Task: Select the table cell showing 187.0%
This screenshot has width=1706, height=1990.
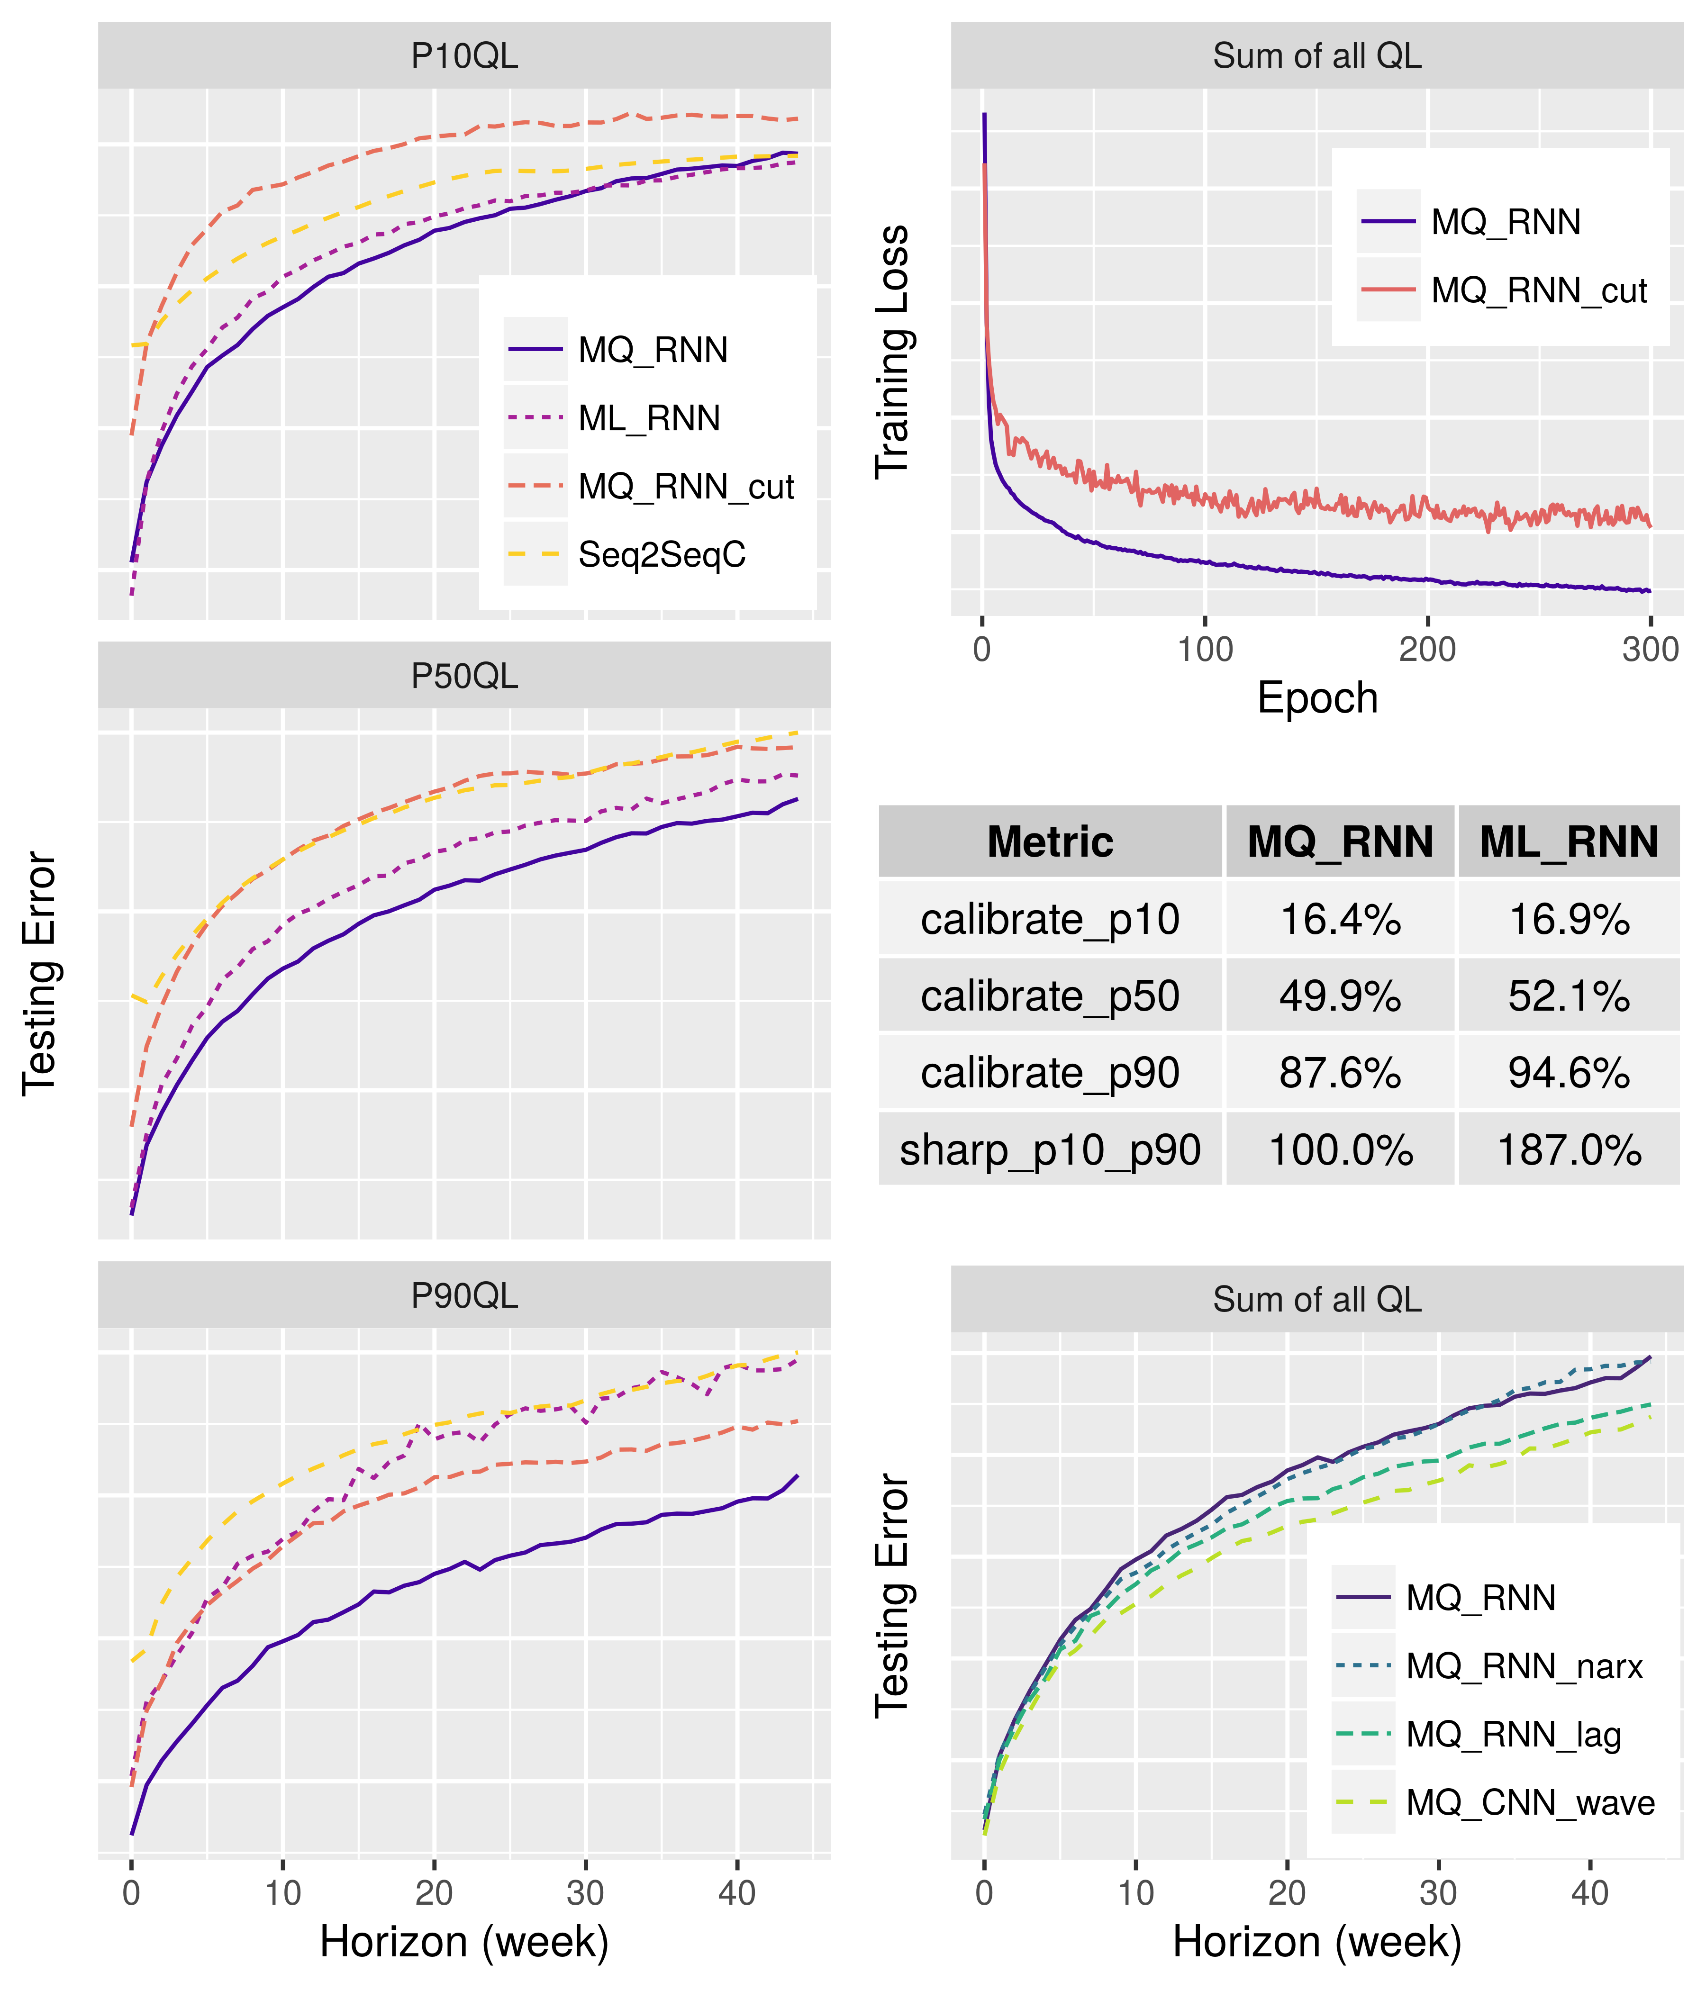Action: tap(1569, 1149)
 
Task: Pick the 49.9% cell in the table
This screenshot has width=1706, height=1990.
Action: tap(1340, 996)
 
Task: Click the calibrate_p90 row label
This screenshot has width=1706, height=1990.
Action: tap(1050, 1073)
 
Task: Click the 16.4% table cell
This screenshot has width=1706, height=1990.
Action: tap(1340, 919)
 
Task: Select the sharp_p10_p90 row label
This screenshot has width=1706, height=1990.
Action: tap(1050, 1149)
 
